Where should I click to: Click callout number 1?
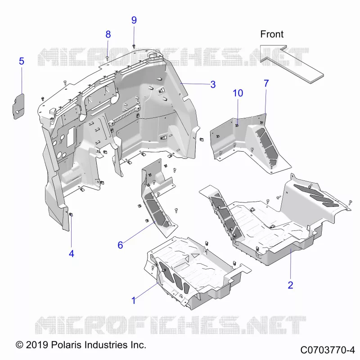point(134,301)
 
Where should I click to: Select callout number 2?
point(290,285)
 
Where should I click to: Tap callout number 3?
point(213,85)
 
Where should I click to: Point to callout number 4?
point(72,254)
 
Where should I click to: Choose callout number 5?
point(21,61)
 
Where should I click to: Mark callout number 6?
point(120,245)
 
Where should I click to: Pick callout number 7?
point(266,83)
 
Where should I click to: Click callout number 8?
point(108,35)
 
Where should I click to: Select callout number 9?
point(134,20)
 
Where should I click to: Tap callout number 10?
point(238,93)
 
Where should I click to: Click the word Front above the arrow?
point(272,34)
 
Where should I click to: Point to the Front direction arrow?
point(292,64)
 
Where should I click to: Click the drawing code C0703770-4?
point(328,350)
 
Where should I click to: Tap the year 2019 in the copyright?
point(37,345)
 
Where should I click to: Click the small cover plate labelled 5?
point(18,107)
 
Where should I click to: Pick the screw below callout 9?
point(134,46)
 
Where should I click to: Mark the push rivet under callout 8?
point(107,58)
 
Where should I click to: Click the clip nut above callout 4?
point(71,215)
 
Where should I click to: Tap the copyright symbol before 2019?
point(19,345)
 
